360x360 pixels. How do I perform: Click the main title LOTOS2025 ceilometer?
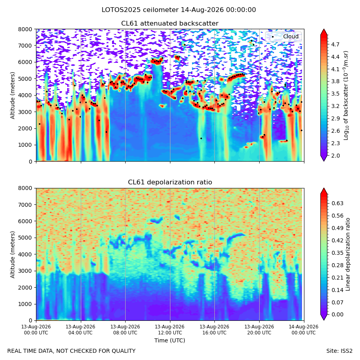140,10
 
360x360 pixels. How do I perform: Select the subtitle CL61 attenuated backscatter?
170,24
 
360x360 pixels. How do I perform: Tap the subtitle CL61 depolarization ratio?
170,182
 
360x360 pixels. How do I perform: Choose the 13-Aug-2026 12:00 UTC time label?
170,330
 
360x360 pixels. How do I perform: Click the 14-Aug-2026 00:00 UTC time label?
304,330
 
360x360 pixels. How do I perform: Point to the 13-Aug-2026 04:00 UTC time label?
80,330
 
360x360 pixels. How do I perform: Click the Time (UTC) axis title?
170,340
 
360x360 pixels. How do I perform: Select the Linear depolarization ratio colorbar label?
348,254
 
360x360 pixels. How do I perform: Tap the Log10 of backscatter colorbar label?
346,96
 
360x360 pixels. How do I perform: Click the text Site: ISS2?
339,351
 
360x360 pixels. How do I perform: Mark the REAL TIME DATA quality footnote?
72,351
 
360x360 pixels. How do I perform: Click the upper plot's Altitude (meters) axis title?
12,96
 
